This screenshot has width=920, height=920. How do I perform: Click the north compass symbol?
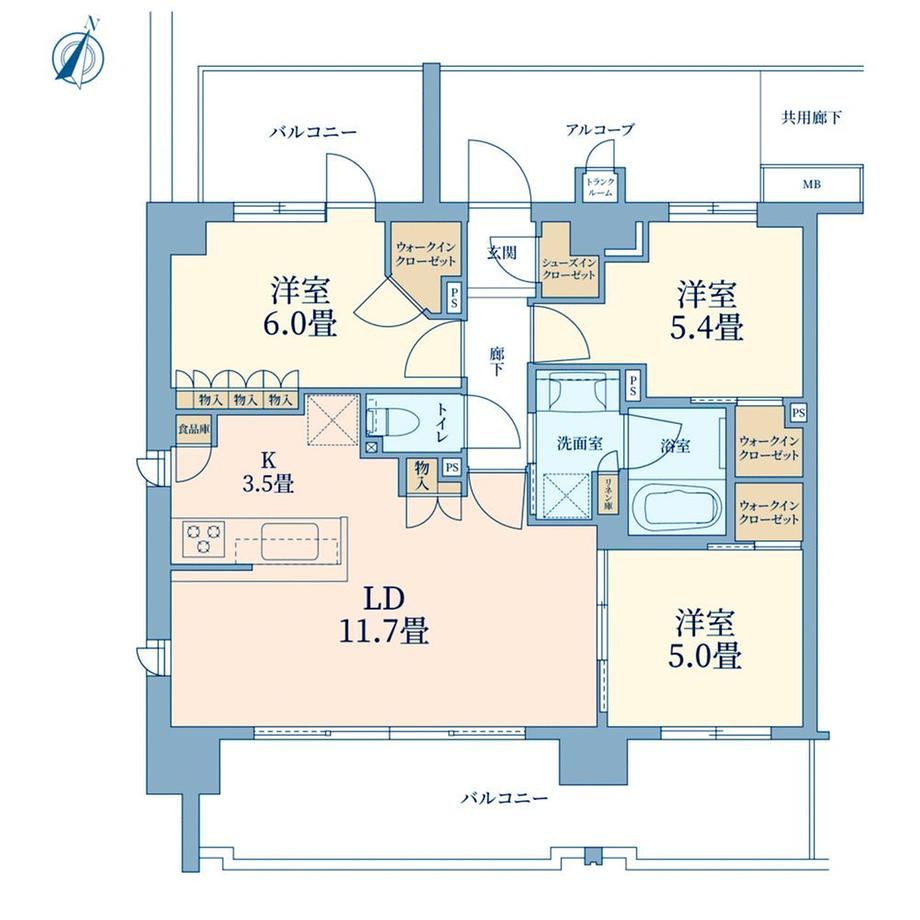(x=79, y=54)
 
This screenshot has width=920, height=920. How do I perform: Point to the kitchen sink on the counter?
(x=290, y=541)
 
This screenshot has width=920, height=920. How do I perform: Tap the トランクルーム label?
(x=600, y=187)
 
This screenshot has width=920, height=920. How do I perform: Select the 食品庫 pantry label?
(x=194, y=429)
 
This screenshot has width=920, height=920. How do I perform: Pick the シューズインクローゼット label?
(x=569, y=269)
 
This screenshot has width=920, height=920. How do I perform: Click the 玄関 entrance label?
(x=502, y=252)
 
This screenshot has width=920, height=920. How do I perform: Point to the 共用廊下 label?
(x=811, y=118)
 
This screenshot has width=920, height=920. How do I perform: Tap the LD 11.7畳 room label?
(x=384, y=615)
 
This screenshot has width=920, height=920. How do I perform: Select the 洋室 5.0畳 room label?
(x=705, y=639)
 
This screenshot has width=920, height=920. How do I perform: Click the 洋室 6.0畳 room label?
(x=300, y=307)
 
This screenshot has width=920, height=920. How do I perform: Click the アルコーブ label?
(x=600, y=130)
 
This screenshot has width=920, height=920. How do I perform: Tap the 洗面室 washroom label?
(x=580, y=444)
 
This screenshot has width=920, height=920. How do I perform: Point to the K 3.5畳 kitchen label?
(x=268, y=472)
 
